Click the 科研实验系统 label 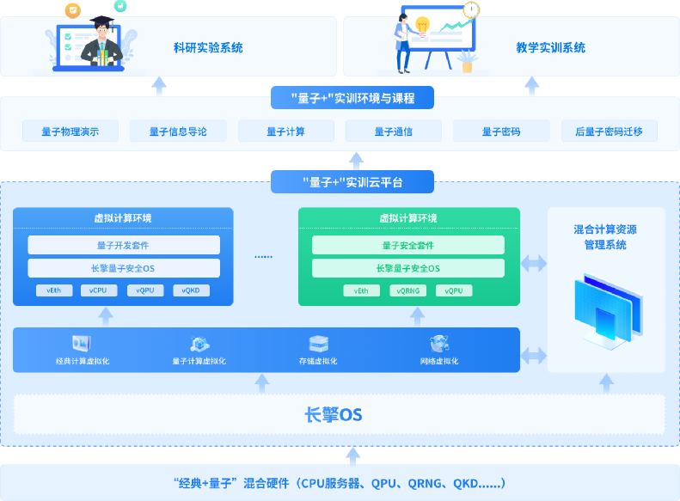click(208, 48)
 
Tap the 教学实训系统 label click(551, 48)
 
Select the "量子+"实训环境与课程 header click(352, 98)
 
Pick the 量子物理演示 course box click(70, 131)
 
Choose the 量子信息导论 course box click(178, 131)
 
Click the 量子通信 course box click(394, 131)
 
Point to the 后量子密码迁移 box click(609, 131)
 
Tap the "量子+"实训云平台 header click(352, 181)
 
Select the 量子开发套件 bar click(124, 245)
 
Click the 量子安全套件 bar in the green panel click(408, 245)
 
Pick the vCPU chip click(99, 290)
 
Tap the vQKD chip click(191, 290)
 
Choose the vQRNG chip click(407, 290)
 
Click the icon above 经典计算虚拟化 click(82, 343)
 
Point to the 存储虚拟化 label click(319, 361)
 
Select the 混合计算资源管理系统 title click(606, 237)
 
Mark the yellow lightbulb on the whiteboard click(422, 24)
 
